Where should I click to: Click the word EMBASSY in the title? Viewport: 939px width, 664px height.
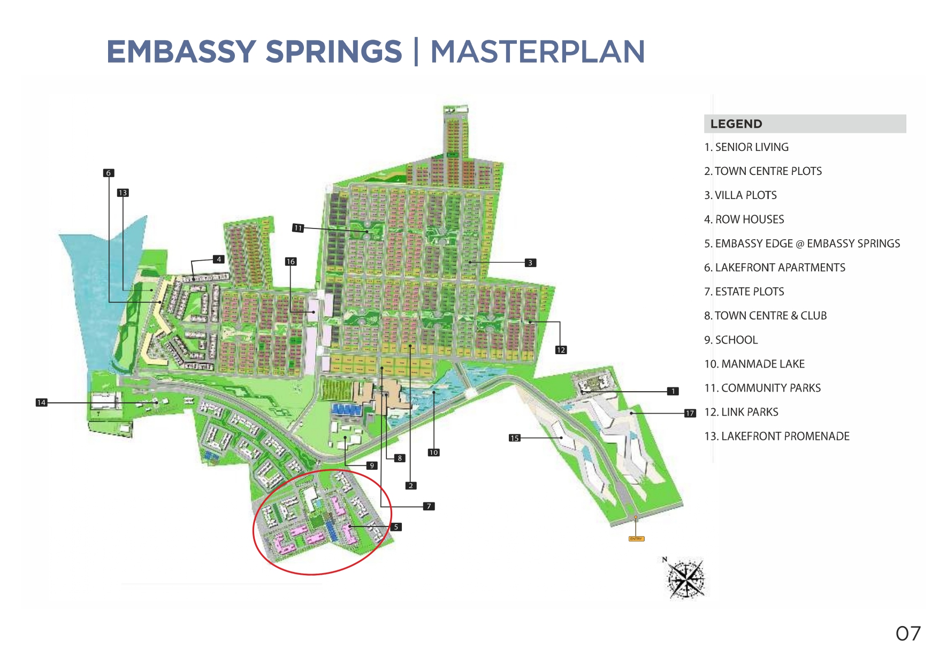point(181,52)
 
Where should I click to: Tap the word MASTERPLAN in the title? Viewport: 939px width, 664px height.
point(537,52)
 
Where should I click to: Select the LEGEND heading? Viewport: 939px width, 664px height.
point(736,124)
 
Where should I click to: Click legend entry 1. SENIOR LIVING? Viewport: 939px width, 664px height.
point(746,147)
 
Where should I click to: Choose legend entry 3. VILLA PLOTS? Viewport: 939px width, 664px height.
point(740,195)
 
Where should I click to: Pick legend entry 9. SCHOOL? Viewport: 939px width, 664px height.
point(731,340)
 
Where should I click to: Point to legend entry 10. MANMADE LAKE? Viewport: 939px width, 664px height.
point(754,364)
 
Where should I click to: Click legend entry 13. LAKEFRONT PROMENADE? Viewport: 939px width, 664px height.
point(777,436)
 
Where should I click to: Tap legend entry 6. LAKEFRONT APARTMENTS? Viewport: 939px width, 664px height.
point(775,268)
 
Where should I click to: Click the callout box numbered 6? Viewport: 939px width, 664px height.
point(109,173)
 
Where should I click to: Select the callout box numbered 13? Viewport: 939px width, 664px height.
point(123,193)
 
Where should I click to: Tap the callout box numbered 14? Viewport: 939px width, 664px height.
point(41,402)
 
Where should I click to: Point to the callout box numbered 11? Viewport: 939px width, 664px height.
point(298,228)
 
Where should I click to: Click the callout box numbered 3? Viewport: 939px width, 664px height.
point(530,263)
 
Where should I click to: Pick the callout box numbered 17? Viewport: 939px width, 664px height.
point(690,413)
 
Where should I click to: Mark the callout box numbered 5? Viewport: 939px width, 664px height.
point(396,527)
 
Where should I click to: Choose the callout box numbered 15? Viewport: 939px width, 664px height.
point(514,438)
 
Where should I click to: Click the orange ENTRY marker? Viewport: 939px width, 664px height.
point(636,538)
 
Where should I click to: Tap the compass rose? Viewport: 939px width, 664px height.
point(685,578)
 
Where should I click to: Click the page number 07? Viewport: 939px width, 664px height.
point(908,634)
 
